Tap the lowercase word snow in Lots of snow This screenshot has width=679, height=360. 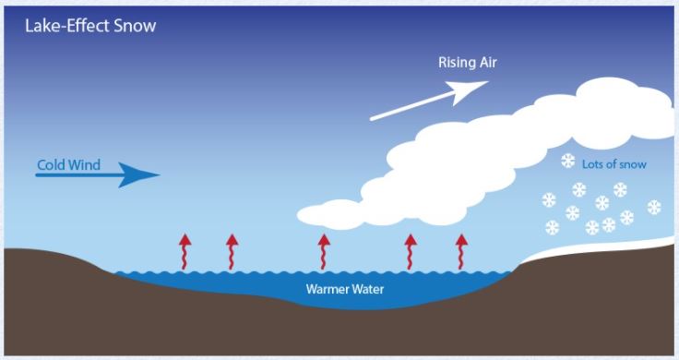[x=632, y=164]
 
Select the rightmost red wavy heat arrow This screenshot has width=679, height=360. [x=461, y=250]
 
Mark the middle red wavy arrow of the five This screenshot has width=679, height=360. [x=324, y=250]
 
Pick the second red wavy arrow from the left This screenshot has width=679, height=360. [x=232, y=250]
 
